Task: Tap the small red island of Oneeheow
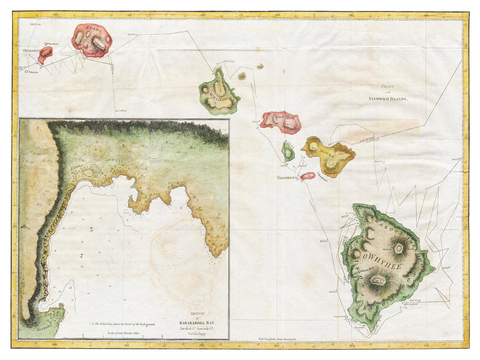(45, 55)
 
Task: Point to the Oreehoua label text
(53, 44)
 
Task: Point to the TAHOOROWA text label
(288, 178)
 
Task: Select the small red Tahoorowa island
(308, 176)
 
